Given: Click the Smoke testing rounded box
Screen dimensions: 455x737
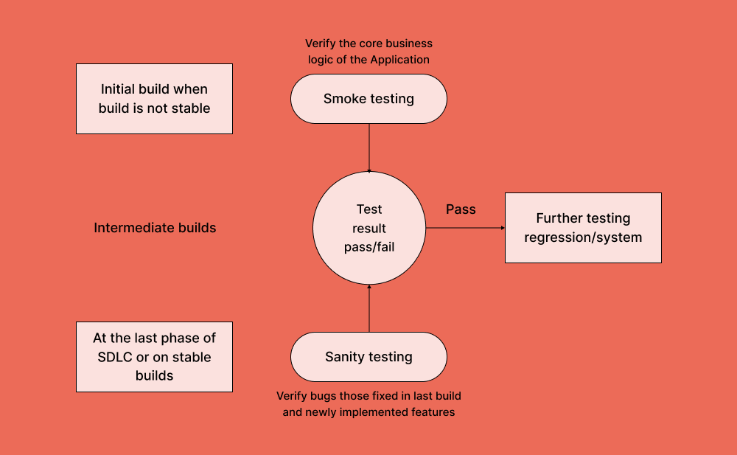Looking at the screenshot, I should (x=368, y=99).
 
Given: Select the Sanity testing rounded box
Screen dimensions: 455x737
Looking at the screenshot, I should (x=368, y=357).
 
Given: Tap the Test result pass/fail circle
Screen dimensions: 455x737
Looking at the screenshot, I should (x=368, y=228).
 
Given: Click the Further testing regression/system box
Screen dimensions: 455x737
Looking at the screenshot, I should (x=583, y=228).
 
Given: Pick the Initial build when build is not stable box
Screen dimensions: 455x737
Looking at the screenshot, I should (x=154, y=99).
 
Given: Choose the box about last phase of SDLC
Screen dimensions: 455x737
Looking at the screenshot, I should (x=154, y=357).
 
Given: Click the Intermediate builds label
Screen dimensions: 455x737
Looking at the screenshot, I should (x=155, y=228).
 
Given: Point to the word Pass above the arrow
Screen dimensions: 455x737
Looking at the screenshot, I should (x=461, y=209).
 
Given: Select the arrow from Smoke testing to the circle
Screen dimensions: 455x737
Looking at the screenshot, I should (x=368, y=147).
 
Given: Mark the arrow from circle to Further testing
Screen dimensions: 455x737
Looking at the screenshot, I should (x=464, y=228).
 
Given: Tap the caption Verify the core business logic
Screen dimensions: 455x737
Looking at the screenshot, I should (x=368, y=52).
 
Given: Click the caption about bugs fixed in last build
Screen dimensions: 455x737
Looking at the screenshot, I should (x=368, y=404).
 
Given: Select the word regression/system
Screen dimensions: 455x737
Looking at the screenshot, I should (x=583, y=237).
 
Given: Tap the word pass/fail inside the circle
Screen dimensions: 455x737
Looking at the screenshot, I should (x=368, y=247).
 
